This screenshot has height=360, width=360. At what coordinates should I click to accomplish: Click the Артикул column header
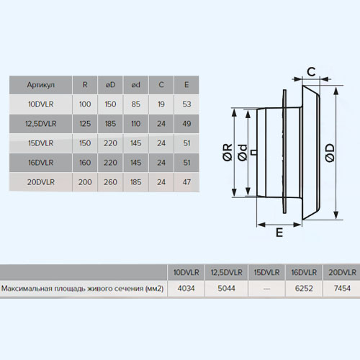pos(41,85)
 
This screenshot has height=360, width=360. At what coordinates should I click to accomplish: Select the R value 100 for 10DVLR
pos(85,104)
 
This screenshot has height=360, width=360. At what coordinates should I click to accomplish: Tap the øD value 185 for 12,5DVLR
pos(110,124)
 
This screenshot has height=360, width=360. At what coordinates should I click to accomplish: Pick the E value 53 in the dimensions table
pos(186,104)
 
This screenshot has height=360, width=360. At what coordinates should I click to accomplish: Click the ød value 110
pos(135,124)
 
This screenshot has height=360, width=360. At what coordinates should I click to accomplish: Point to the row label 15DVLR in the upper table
pos(41,143)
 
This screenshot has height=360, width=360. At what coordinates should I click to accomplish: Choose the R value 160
pos(85,163)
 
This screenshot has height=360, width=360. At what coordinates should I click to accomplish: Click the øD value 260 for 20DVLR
pos(110,182)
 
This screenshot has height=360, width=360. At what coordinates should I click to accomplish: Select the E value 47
pos(186,182)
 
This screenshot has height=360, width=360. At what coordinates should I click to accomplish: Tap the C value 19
pos(161,104)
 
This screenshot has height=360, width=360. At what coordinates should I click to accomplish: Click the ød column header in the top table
pos(135,85)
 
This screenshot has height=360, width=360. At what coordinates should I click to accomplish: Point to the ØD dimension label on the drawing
pos(330,153)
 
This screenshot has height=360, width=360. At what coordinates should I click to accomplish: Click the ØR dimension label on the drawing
pos(228,152)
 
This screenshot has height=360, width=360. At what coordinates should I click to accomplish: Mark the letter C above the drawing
pos(311,71)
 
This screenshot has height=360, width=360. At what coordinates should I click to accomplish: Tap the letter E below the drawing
pos(279,233)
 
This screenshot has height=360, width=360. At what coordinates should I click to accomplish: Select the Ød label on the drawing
pos(243,153)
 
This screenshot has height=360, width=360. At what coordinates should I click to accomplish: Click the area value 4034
pos(186,288)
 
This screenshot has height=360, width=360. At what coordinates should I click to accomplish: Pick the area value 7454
pos(342,288)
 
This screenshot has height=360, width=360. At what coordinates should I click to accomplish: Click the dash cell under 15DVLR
pos(266,289)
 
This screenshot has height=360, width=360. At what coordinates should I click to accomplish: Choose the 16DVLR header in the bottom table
pos(304,272)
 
